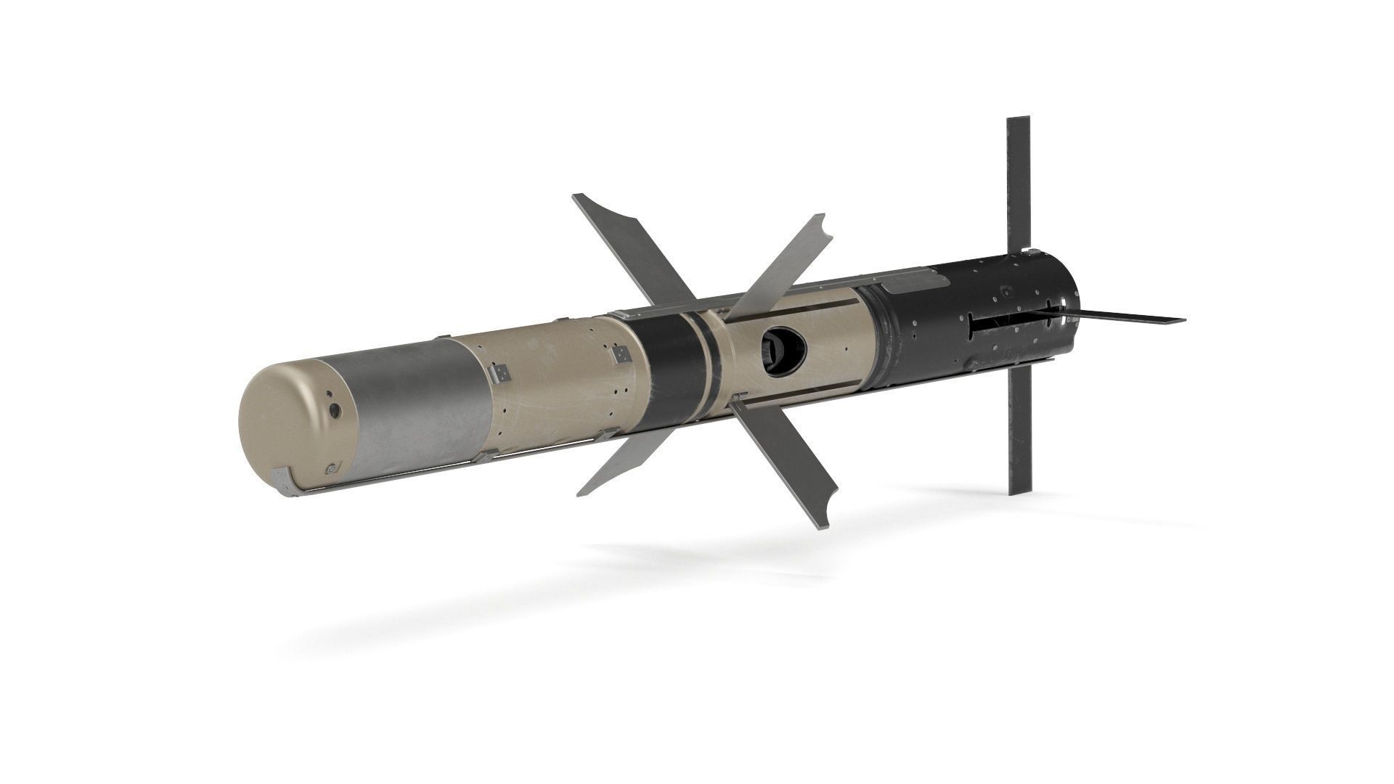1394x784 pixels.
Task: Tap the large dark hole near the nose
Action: pos(335,412)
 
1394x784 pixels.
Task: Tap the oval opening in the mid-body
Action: pos(780,348)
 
